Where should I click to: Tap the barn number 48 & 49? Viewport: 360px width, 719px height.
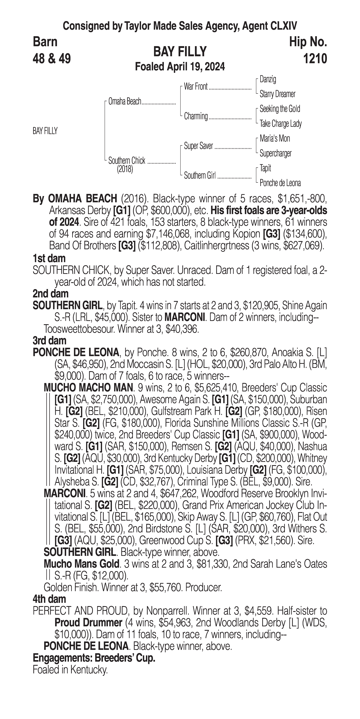(x=52, y=59)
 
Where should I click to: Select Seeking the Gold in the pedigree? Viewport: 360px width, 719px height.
(x=280, y=109)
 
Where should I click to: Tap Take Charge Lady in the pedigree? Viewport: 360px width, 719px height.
(x=280, y=124)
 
